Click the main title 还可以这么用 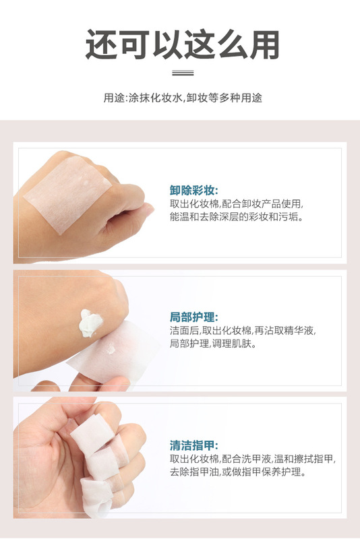point(182,44)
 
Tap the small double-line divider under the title point(183,73)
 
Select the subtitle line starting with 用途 point(183,98)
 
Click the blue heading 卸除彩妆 point(193,190)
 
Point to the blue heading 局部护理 point(193,317)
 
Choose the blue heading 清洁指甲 point(193,445)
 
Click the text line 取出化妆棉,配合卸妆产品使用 point(237,204)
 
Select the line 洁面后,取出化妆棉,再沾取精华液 point(243,330)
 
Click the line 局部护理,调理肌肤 point(213,344)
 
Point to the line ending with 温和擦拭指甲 point(252,459)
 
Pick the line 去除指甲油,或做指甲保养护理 point(238,472)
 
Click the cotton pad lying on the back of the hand point(68,194)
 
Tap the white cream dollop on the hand point(90,323)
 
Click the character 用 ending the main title point(264,44)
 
